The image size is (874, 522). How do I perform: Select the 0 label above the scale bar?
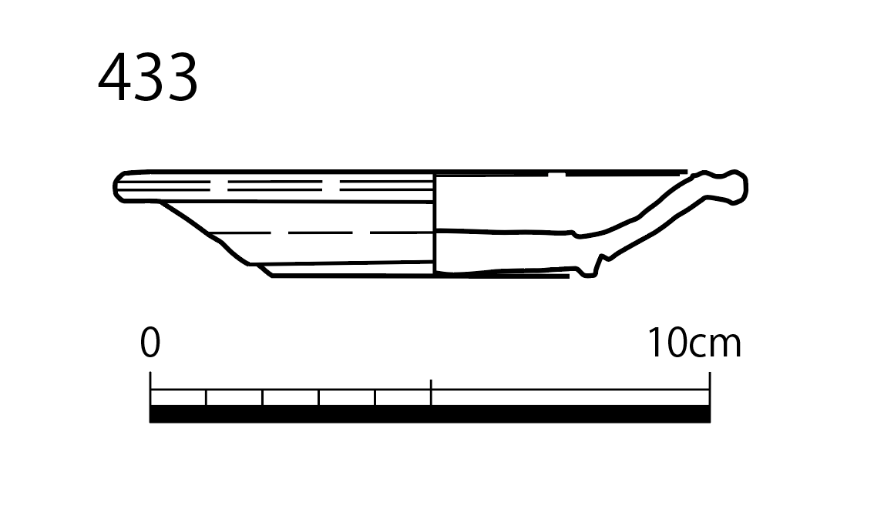point(150,343)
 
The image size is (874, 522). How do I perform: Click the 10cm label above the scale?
point(694,343)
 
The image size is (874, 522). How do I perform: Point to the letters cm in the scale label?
point(716,346)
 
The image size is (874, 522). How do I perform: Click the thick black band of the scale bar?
point(430,414)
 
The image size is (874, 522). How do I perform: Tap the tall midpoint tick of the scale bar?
point(431,392)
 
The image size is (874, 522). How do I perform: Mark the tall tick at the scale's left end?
point(150,389)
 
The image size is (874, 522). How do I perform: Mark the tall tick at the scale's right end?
point(710,389)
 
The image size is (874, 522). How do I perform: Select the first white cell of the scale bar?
point(178,398)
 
